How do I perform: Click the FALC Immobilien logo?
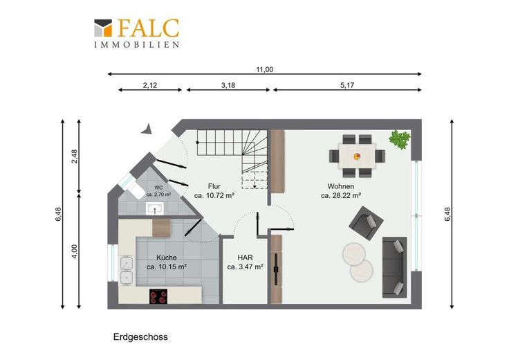coord(137,33)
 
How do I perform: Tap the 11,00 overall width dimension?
coord(265,69)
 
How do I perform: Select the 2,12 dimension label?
coord(150,85)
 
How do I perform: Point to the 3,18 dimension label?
coord(228,85)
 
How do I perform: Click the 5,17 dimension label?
coord(347,85)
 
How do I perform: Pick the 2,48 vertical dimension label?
coord(74,156)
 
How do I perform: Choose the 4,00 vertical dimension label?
coord(74,251)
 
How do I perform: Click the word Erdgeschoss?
coord(140,337)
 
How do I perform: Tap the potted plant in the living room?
coord(400,139)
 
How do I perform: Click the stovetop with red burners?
coord(158,296)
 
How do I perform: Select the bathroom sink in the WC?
coord(155,208)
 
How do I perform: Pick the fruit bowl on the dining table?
coord(357,156)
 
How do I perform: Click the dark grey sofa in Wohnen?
coord(394,267)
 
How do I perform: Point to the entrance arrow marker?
coord(147,129)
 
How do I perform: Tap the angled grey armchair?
coord(366,223)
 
